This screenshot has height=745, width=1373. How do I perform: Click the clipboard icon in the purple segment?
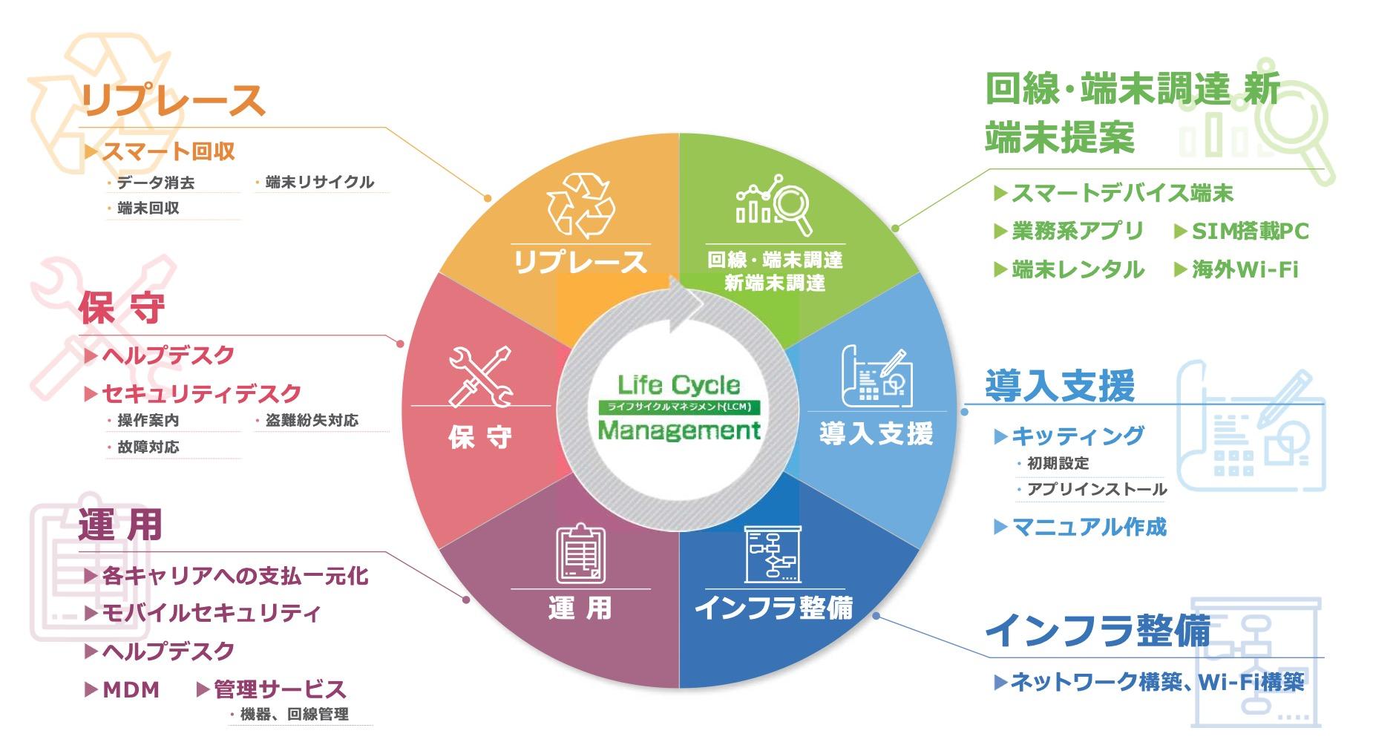580,554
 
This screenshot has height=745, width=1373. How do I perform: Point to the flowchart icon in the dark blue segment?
772,554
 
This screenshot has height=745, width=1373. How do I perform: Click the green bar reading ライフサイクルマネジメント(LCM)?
678,407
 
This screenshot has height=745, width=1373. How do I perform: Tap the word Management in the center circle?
678,430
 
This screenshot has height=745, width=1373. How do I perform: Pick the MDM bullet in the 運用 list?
131,690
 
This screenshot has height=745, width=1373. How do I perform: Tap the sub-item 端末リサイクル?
319,183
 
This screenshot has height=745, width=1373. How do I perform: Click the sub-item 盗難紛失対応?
312,421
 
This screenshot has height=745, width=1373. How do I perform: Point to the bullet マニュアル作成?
1089,527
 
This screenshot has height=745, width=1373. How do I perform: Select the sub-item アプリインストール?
1097,489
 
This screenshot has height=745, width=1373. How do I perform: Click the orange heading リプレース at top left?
172,101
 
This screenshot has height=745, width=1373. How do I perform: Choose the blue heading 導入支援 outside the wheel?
1059,386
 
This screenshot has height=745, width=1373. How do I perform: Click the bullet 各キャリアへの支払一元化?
235,576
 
